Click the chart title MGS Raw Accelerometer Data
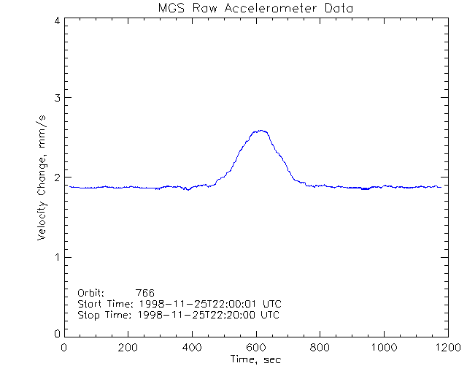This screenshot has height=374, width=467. pyautogui.click(x=255, y=8)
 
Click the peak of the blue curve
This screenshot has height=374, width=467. pyautogui.click(x=260, y=131)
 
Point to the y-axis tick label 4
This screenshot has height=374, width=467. pyautogui.click(x=56, y=20)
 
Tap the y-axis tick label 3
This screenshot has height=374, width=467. pyautogui.click(x=56, y=98)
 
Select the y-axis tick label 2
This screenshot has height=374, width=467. pyautogui.click(x=56, y=178)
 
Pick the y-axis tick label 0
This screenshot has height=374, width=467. pyautogui.click(x=56, y=333)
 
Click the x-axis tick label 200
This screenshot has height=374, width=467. pyautogui.click(x=128, y=348)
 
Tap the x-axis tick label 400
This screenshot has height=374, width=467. pyautogui.click(x=192, y=348)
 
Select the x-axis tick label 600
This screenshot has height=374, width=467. pyautogui.click(x=255, y=348)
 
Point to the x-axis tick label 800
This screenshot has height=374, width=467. pyautogui.click(x=320, y=348)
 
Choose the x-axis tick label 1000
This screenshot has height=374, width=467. pyautogui.click(x=382, y=348)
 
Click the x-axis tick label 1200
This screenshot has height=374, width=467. pyautogui.click(x=445, y=348)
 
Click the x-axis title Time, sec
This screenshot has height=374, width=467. pyautogui.click(x=255, y=360)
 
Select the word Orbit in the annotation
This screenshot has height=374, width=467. pyautogui.click(x=90, y=293)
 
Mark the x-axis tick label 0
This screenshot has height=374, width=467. pyautogui.click(x=65, y=348)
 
